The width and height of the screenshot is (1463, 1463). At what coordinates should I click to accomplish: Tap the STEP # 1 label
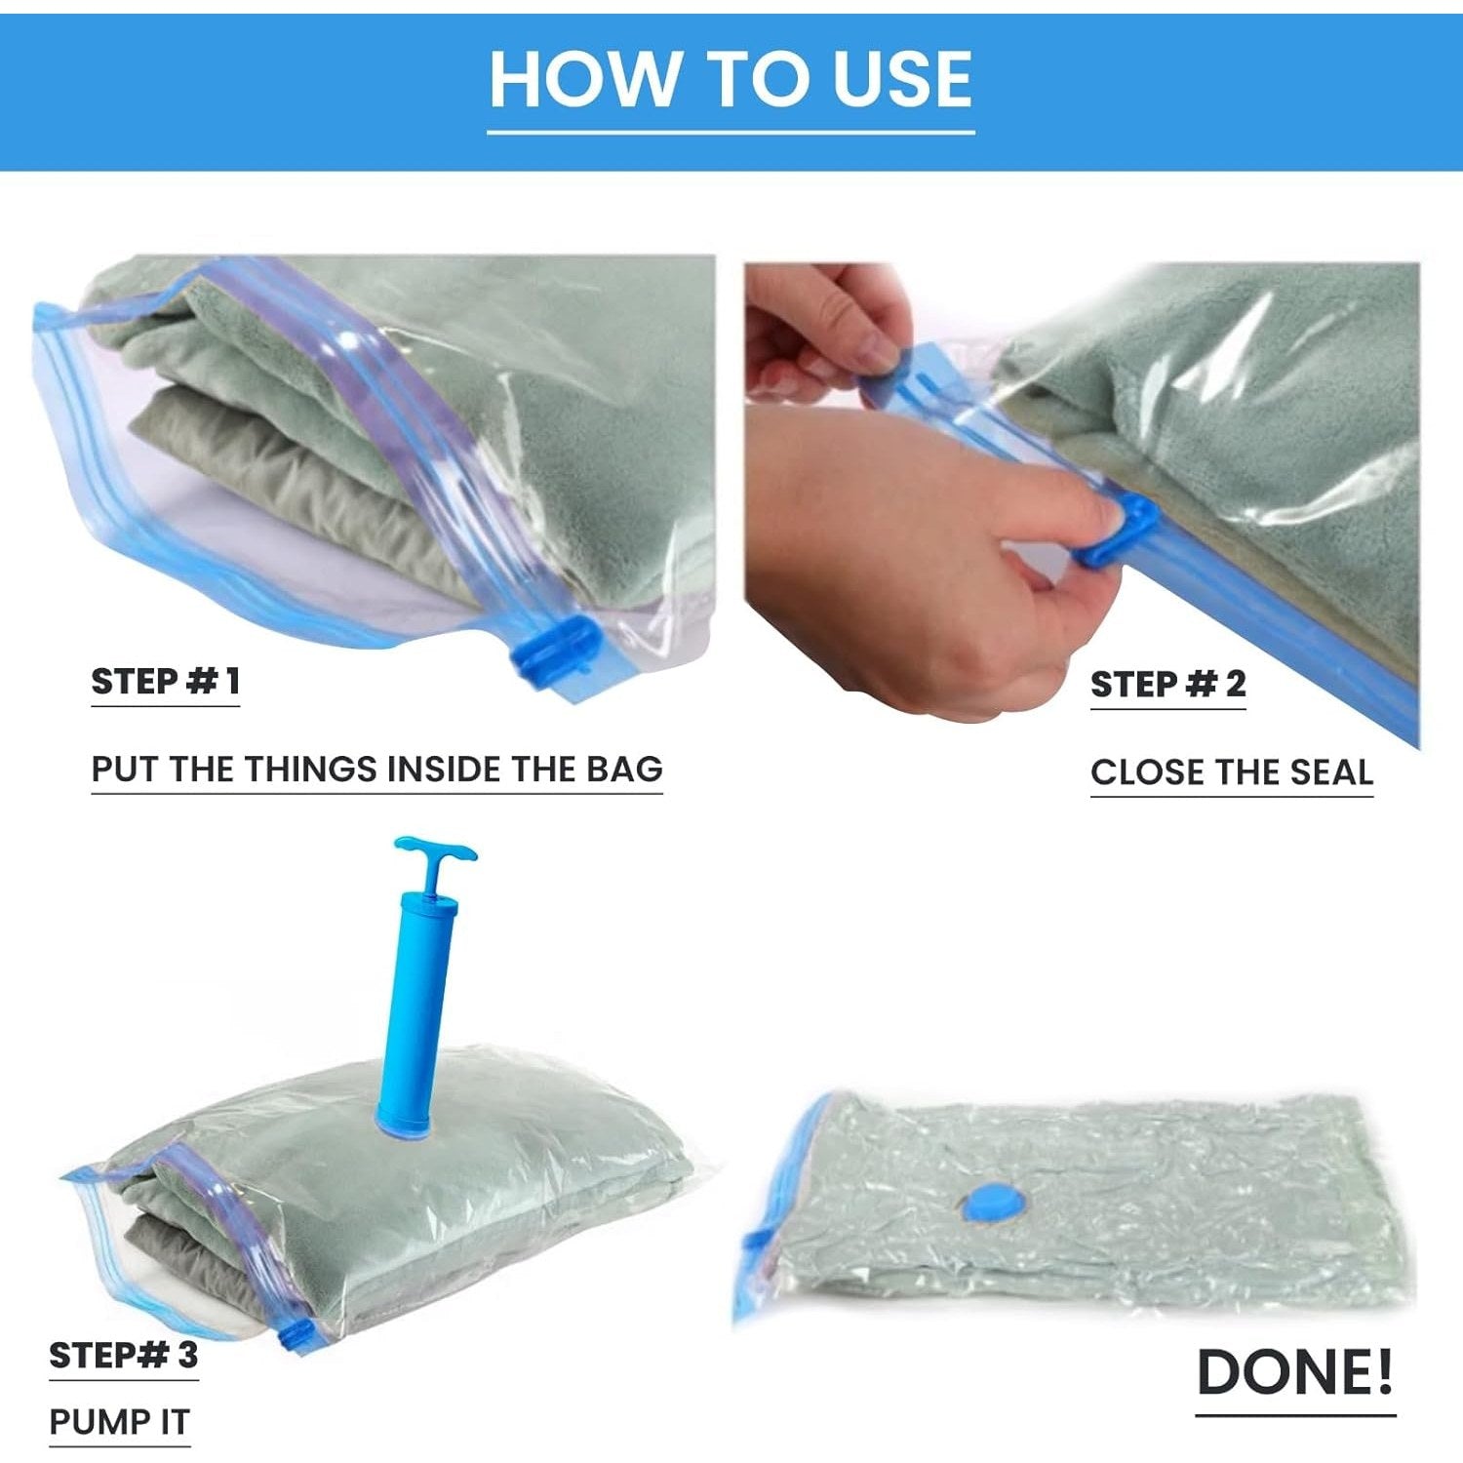pos(165,681)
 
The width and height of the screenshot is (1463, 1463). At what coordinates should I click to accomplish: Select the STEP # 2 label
pos(1167,684)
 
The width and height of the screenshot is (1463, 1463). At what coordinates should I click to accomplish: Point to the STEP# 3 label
pos(124,1355)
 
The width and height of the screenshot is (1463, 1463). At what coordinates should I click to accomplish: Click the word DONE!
pos(1295,1371)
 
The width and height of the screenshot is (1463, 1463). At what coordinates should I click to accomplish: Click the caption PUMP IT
pos(119,1422)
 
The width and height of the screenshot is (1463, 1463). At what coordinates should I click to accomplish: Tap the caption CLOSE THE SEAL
pos(1232,772)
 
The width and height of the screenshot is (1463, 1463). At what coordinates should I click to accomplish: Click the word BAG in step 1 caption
pos(624,769)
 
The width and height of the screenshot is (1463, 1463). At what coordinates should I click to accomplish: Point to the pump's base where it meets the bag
pos(396,1126)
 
